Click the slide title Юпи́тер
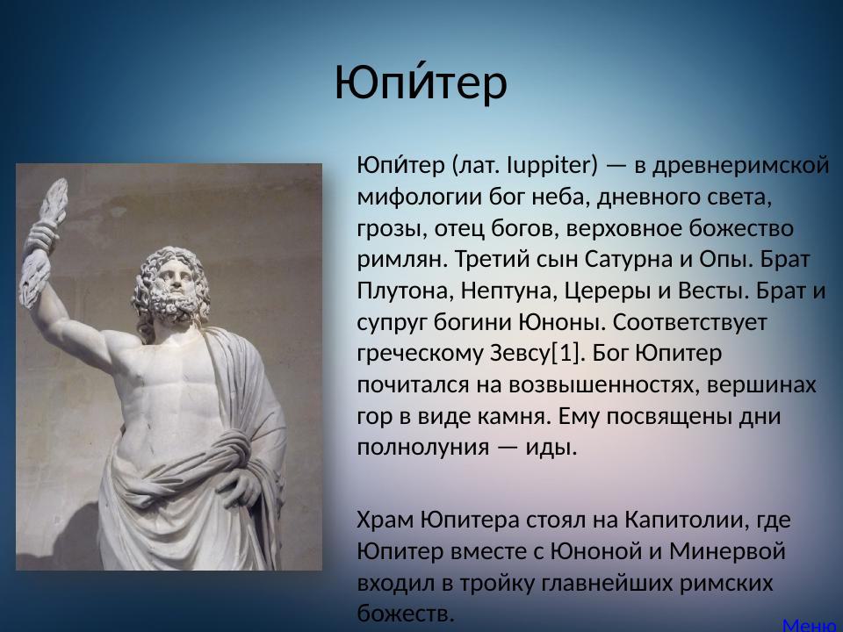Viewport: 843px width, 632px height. (421, 83)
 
